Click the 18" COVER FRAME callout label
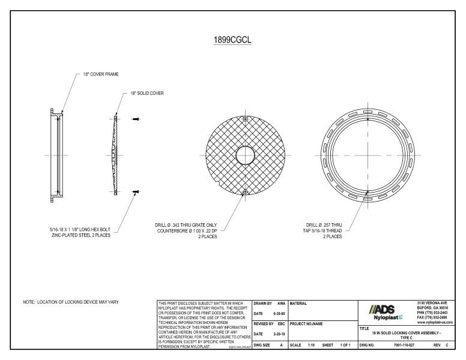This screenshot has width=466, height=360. [x=101, y=74]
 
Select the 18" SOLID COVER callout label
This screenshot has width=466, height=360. [x=147, y=94]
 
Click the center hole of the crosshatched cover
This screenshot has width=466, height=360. [x=245, y=155]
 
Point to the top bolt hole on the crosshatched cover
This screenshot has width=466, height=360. [x=245, y=118]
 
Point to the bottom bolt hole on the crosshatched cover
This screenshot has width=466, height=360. [x=245, y=192]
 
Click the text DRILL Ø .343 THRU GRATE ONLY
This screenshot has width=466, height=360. [x=186, y=225]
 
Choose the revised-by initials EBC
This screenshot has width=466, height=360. [x=280, y=324]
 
